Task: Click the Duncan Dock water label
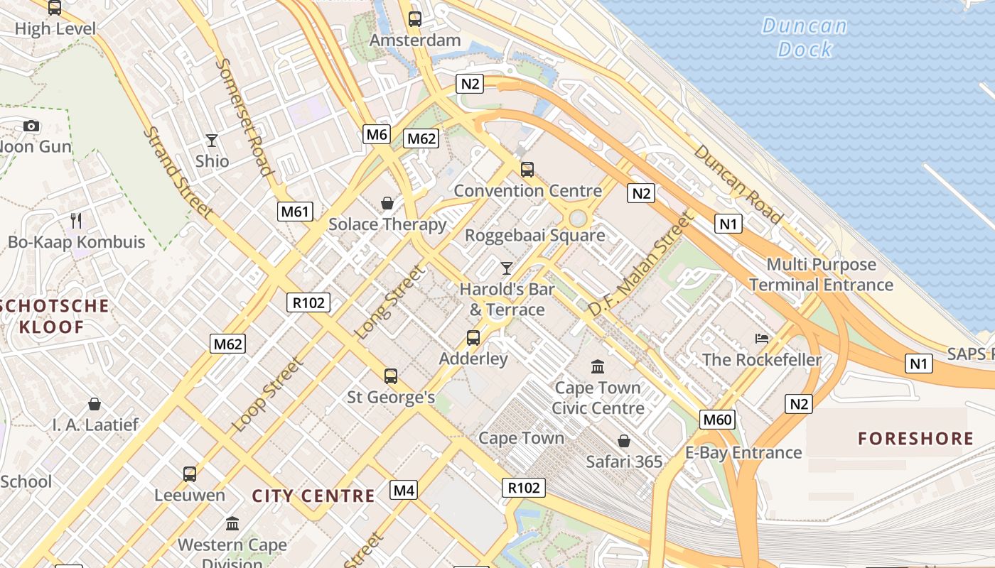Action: pyautogui.click(x=805, y=38)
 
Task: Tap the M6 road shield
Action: pyautogui.click(x=377, y=133)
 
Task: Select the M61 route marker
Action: pyautogui.click(x=295, y=211)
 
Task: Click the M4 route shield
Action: pyautogui.click(x=404, y=490)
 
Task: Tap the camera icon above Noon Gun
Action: pyautogui.click(x=31, y=126)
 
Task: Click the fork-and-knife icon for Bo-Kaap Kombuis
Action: pyautogui.click(x=76, y=221)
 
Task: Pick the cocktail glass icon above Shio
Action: pyautogui.click(x=211, y=140)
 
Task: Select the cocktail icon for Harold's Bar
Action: pyautogui.click(x=506, y=268)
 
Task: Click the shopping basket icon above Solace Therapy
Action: pyautogui.click(x=387, y=204)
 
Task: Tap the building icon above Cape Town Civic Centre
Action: pyautogui.click(x=598, y=366)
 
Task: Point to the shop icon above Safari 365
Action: pyautogui.click(x=623, y=441)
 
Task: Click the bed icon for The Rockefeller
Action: pyautogui.click(x=762, y=338)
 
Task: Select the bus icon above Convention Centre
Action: pyautogui.click(x=527, y=169)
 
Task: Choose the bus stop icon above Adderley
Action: pyautogui.click(x=473, y=337)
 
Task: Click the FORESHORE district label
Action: pyautogui.click(x=915, y=438)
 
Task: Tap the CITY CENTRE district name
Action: pyautogui.click(x=313, y=496)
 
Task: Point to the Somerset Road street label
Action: pyautogui.click(x=244, y=116)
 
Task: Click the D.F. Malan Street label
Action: pyautogui.click(x=640, y=265)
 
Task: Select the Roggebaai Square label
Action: pyautogui.click(x=534, y=235)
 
